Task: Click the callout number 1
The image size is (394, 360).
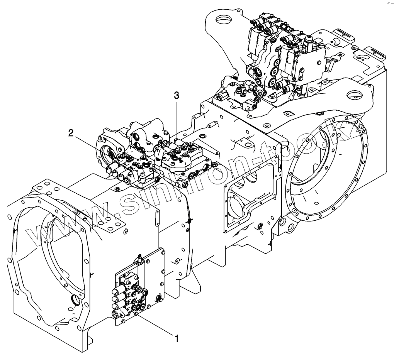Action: pos(177,339)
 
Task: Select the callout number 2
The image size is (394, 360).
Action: pos(71,134)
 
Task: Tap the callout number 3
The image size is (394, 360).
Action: pos(177,96)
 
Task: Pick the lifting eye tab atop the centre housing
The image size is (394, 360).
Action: pos(245,142)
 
